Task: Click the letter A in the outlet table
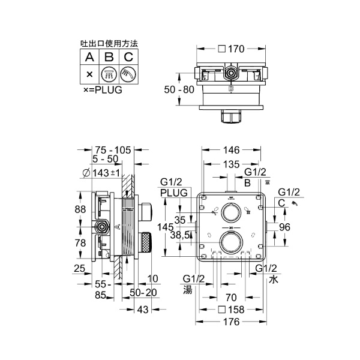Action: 89,58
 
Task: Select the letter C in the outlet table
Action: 128,58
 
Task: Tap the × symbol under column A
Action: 89,74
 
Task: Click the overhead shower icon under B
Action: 109,74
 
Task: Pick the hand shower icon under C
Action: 128,74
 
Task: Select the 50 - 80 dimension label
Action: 179,89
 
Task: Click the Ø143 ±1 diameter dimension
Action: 101,173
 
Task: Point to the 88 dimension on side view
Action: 80,209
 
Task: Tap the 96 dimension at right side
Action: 286,227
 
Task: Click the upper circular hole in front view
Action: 230,212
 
